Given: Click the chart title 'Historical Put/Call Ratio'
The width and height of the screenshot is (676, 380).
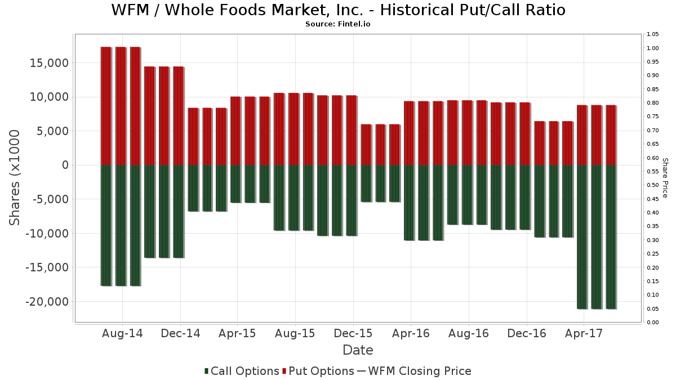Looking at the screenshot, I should click(338, 10).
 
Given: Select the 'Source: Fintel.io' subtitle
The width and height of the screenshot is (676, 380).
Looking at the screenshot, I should click(338, 24).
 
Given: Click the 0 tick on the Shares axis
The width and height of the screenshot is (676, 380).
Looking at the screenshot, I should click(65, 165).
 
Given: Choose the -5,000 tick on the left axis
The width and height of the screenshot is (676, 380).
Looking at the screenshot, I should click(52, 199).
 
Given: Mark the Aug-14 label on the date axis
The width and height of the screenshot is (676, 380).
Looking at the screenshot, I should click(122, 333).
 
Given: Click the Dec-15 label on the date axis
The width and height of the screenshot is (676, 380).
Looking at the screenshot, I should click(353, 333).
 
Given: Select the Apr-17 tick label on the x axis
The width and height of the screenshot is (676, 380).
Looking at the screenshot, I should click(584, 333).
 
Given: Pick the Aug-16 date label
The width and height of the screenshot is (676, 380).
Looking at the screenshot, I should click(469, 333).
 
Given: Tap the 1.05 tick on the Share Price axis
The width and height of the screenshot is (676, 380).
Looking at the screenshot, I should click(653, 34).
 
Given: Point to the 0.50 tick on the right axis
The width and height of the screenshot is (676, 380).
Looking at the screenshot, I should click(653, 185).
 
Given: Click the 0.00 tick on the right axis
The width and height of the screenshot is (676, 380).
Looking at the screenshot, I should click(653, 323).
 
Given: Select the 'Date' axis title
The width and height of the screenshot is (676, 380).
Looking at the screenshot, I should click(358, 350).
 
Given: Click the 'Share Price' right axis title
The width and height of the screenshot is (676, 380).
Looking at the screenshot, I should click(665, 177).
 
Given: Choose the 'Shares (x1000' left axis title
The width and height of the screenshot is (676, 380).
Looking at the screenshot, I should click(15, 177).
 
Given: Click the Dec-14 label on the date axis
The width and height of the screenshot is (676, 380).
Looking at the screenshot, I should click(180, 333).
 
